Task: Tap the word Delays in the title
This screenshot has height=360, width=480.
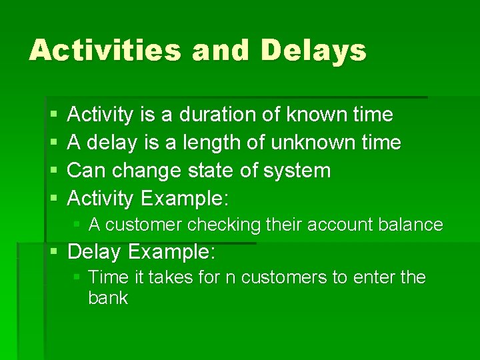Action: [x=313, y=51]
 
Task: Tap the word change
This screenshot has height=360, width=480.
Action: [x=143, y=171]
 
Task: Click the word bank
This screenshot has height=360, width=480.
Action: [x=107, y=298]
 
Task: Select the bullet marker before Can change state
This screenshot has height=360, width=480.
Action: [x=53, y=171]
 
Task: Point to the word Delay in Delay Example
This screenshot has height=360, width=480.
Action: [x=94, y=253]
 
